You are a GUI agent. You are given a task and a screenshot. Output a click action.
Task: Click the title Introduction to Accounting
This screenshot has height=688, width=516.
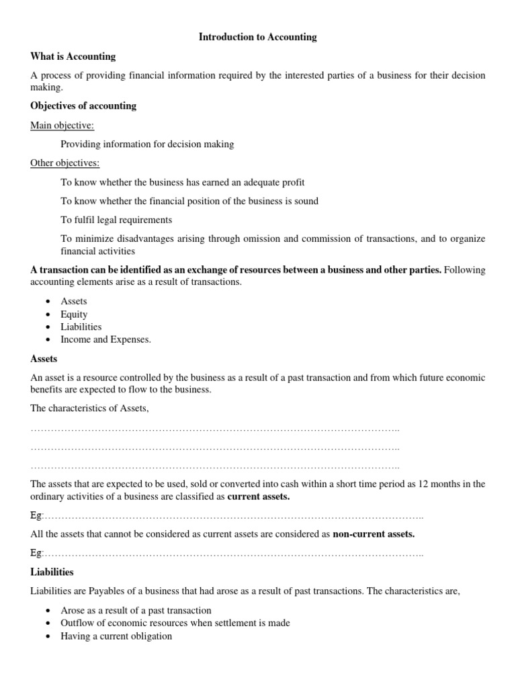pos(257,38)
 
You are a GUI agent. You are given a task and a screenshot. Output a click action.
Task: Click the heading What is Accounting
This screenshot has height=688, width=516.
pos(73,56)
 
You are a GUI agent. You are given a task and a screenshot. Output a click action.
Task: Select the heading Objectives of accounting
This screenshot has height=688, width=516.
pos(83,105)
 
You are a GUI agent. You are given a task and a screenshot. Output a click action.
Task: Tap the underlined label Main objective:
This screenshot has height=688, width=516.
pos(62,125)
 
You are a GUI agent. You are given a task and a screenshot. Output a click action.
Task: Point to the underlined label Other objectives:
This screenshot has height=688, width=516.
pos(65,163)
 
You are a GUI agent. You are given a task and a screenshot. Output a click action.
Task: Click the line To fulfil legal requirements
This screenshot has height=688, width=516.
pos(116,220)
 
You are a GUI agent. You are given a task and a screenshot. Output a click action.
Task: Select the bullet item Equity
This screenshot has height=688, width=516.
pos(74,314)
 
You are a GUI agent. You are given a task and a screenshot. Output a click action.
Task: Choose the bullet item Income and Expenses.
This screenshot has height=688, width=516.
pos(105,339)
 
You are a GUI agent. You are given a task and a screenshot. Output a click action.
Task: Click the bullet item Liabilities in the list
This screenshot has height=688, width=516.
pos(81,327)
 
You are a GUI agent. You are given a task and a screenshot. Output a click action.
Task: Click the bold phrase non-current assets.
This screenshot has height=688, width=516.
pos(374,534)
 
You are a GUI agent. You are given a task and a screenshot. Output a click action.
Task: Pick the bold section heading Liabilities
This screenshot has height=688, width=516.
pos(52,572)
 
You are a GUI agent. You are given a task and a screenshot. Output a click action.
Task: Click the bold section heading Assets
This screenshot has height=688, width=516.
pos(44,359)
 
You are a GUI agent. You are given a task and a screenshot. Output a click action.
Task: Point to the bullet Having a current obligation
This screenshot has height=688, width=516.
pos(116,636)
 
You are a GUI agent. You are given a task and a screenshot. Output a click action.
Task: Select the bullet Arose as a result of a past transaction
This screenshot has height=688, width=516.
pos(136,610)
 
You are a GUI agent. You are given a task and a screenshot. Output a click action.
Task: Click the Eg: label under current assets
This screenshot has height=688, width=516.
pos(37,516)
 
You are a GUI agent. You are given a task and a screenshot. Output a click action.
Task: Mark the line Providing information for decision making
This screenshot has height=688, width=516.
pos(147,144)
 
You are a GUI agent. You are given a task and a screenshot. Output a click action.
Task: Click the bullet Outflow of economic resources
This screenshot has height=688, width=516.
pos(175,623)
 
